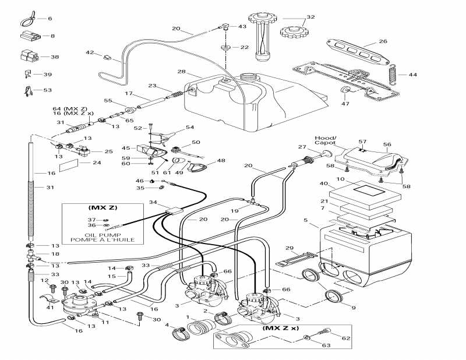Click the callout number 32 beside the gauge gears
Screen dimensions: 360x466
tap(310, 17)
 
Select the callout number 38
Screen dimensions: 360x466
tap(55, 57)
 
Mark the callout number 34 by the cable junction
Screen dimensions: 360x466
tap(153, 202)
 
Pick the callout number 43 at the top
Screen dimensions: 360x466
tap(242, 27)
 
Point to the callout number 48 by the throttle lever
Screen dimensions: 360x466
tap(221, 160)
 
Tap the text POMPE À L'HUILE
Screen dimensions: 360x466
tap(103, 240)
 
